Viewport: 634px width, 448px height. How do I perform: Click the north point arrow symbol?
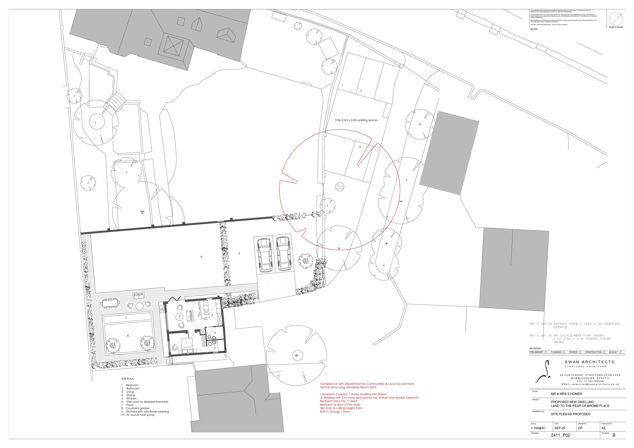(x=616, y=19)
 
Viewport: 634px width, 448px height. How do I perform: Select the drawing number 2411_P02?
(x=560, y=435)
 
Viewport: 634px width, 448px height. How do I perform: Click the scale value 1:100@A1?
(x=538, y=428)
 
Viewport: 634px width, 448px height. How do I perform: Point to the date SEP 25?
(x=560, y=428)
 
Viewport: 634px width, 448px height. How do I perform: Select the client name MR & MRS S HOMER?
(x=566, y=394)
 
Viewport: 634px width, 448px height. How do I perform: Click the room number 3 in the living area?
(x=179, y=316)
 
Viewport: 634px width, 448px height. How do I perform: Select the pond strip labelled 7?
(x=128, y=318)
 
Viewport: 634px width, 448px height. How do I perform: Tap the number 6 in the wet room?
(x=215, y=333)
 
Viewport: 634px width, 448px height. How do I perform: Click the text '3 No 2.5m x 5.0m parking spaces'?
(x=356, y=120)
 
